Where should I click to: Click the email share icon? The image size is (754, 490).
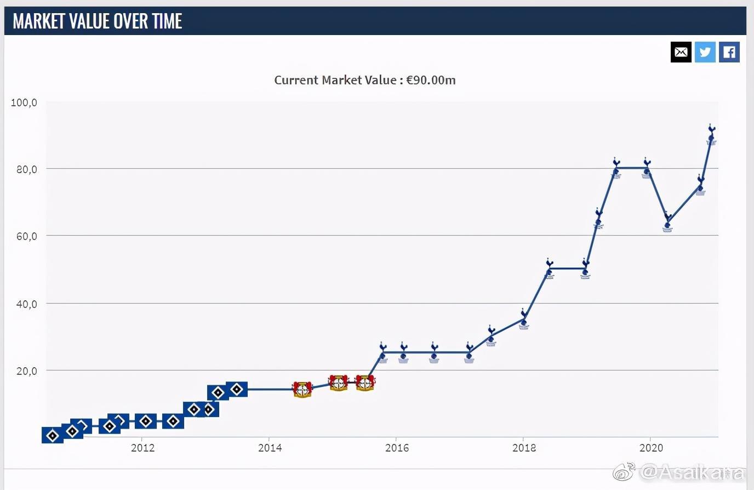pyautogui.click(x=681, y=52)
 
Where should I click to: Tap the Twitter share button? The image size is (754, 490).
pyautogui.click(x=705, y=52)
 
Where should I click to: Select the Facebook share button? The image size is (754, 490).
pyautogui.click(x=729, y=52)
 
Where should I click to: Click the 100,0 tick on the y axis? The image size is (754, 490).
pyautogui.click(x=24, y=102)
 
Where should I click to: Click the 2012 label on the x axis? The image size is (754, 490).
pyautogui.click(x=142, y=448)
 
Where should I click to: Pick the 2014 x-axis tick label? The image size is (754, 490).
pyautogui.click(x=270, y=448)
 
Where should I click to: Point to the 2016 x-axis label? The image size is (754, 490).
pyautogui.click(x=397, y=448)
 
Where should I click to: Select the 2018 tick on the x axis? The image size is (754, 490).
pyautogui.click(x=524, y=448)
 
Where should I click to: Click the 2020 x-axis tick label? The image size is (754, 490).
pyautogui.click(x=651, y=448)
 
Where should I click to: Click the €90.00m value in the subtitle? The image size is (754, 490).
pyautogui.click(x=431, y=80)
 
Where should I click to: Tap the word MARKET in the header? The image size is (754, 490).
pyautogui.click(x=35, y=21)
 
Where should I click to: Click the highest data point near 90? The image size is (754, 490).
pyautogui.click(x=711, y=137)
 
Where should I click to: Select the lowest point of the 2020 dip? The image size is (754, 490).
pyautogui.click(x=667, y=225)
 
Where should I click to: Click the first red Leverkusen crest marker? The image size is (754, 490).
pyautogui.click(x=302, y=389)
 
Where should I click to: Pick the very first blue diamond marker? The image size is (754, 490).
pyautogui.click(x=53, y=436)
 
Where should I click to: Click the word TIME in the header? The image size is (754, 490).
pyautogui.click(x=168, y=21)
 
